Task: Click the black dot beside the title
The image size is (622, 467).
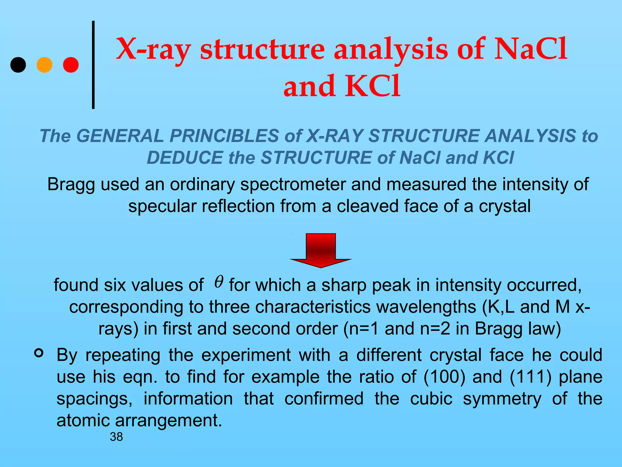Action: (x=18, y=65)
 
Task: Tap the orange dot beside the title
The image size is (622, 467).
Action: (x=44, y=65)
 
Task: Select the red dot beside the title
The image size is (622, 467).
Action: (x=71, y=65)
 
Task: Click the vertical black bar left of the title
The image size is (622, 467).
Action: (x=93, y=65)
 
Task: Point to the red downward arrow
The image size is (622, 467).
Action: (x=321, y=251)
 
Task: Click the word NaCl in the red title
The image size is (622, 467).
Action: (x=530, y=49)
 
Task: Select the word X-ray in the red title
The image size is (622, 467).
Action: (x=154, y=49)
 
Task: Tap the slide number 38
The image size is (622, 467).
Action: (x=116, y=437)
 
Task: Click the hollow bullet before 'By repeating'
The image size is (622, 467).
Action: (x=39, y=353)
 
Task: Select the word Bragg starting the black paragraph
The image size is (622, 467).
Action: (x=71, y=185)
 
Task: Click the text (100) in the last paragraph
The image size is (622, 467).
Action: (x=444, y=377)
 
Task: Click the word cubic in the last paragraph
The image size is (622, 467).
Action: (x=431, y=399)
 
